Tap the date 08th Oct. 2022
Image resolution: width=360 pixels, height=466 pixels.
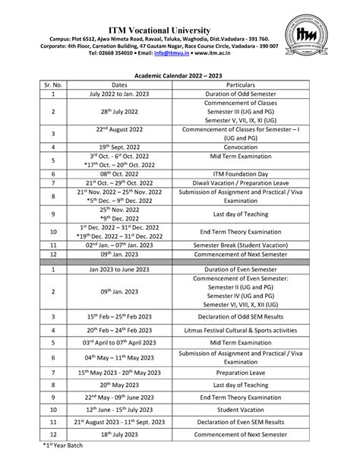119,173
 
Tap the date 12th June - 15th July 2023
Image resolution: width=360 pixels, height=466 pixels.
119,408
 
